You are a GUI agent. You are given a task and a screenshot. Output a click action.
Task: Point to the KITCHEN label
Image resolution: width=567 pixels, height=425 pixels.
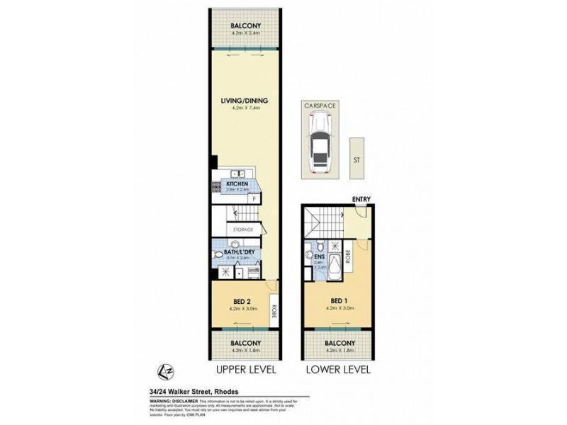coord(237,184)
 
